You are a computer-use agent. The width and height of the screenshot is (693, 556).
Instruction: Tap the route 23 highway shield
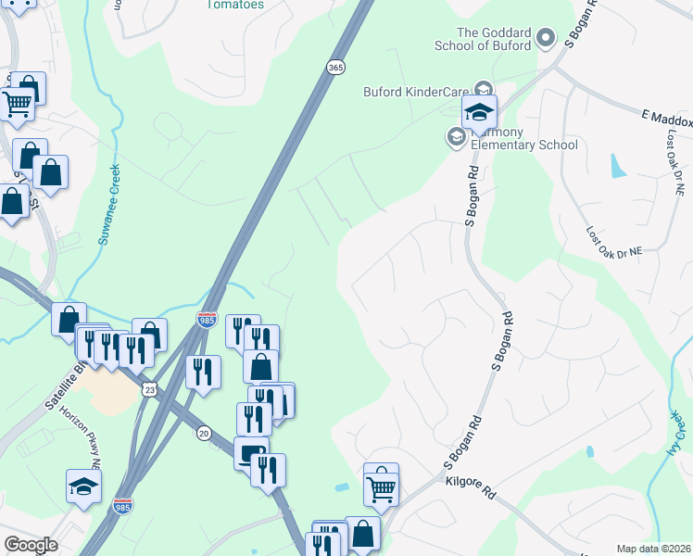pos(150,391)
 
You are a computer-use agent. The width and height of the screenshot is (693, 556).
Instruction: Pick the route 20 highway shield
pos(205,433)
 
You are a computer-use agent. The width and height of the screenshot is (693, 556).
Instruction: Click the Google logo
pos(31,544)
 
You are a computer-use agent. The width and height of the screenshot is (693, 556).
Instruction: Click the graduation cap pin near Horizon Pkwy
pos(84,486)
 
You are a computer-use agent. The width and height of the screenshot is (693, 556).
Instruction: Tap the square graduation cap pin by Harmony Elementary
pos(479,112)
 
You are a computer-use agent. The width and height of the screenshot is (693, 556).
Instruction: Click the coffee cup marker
pos(249,452)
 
